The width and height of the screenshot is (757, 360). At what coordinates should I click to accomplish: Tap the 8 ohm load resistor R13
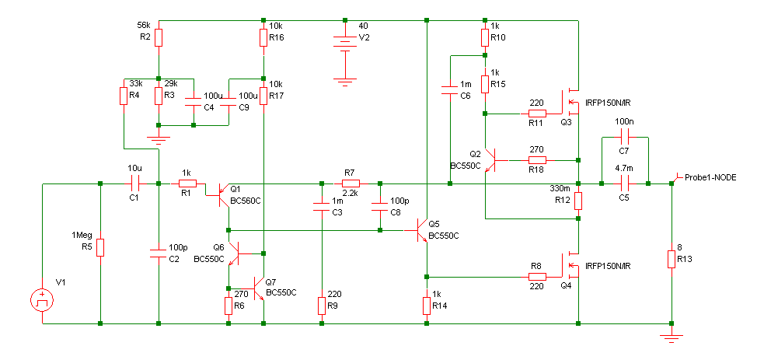point(672,259)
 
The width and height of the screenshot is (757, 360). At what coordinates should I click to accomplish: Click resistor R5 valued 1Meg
point(100,247)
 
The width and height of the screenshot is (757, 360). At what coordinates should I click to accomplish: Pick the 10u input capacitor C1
point(135,183)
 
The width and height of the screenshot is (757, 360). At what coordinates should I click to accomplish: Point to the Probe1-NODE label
point(710,178)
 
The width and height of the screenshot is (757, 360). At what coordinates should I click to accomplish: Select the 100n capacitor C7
point(625,137)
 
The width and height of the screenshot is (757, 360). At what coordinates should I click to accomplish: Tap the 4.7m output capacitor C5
point(625,183)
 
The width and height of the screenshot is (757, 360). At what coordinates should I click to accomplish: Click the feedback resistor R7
point(351,183)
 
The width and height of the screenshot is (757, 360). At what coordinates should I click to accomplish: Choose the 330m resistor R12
point(578,201)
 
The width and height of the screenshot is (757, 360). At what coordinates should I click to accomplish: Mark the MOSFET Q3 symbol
point(571,102)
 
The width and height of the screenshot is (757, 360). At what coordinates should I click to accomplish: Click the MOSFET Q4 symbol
point(571,265)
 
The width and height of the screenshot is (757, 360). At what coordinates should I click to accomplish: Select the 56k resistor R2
point(159,37)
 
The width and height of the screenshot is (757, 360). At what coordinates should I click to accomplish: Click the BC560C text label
point(246,201)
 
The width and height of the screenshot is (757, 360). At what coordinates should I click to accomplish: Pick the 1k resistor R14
point(427,306)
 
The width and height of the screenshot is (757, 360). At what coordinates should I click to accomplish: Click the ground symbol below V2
point(345,81)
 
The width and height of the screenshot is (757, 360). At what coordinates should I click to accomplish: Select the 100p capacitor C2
point(159,253)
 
